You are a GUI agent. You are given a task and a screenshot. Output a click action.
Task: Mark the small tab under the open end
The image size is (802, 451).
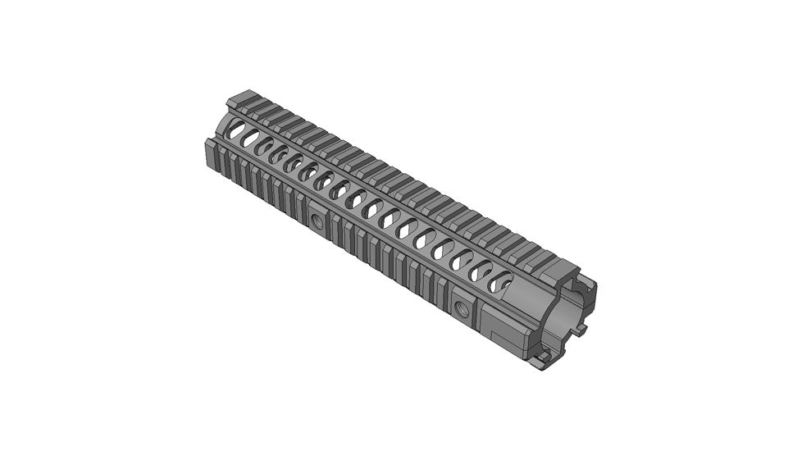pyautogui.click(x=542, y=359)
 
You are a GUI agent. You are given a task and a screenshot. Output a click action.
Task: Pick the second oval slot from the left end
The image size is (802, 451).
pyautogui.click(x=250, y=136)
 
